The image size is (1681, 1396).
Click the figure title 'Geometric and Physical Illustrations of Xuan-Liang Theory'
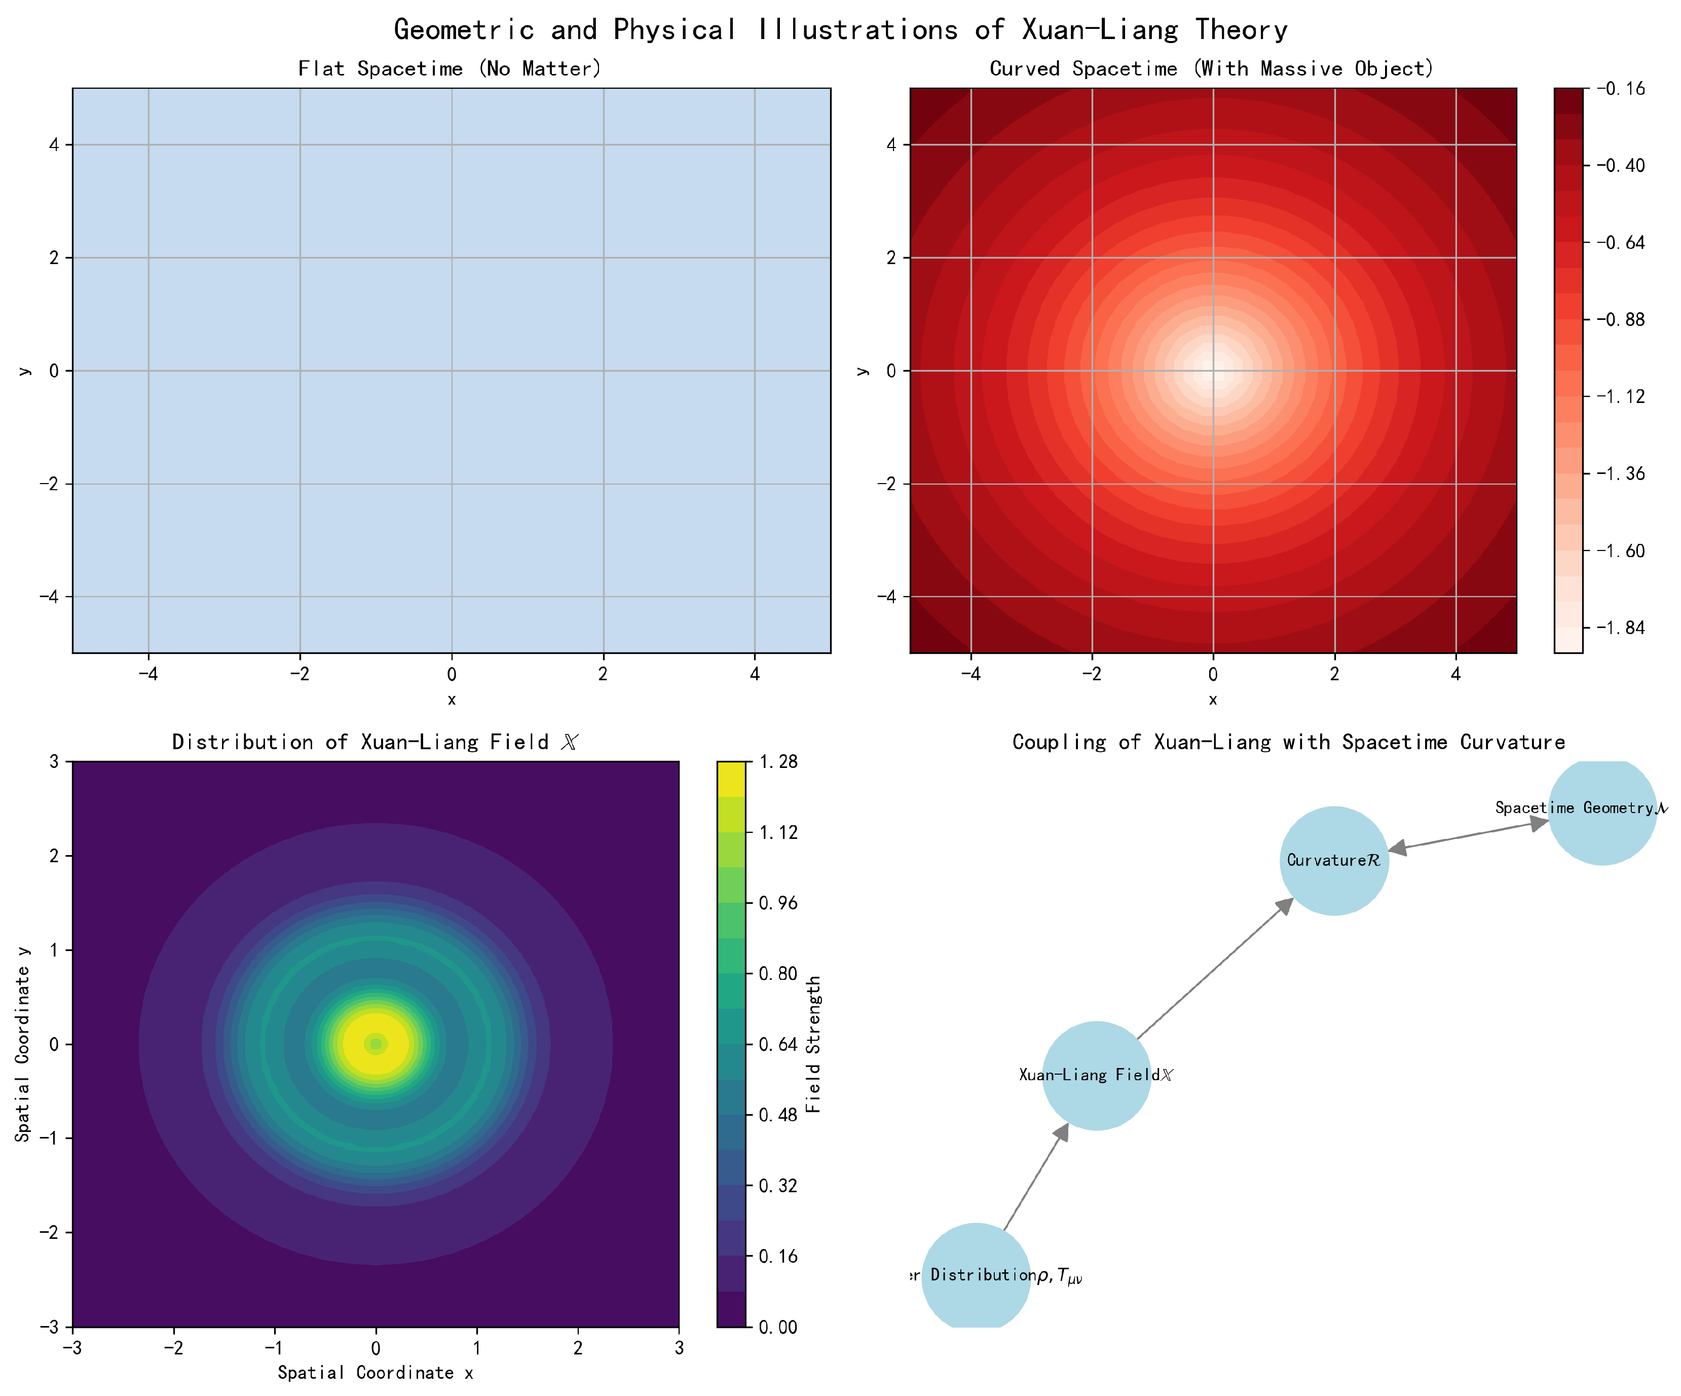coord(840,29)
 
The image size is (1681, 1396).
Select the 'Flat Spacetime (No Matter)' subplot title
coord(450,69)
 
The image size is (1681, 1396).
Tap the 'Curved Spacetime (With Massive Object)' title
coord(1212,69)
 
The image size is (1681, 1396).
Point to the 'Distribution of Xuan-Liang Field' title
coord(375,742)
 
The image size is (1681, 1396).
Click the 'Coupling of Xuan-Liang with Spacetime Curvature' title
coord(1288,742)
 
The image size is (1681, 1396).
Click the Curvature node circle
coord(1333,861)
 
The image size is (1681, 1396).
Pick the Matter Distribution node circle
coord(976,1276)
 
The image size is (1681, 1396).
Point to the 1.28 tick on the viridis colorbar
coord(777,761)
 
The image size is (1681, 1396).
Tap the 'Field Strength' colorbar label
coord(813,1044)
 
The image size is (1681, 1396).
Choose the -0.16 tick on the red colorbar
coord(1622,89)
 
